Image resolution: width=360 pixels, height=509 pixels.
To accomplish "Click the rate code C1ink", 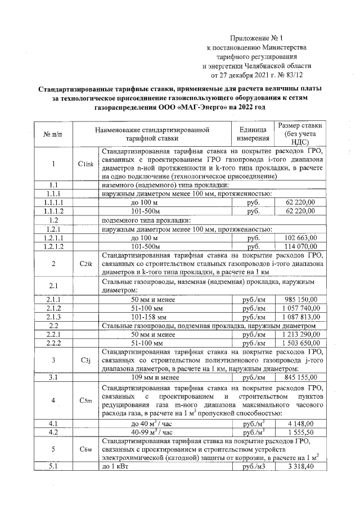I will [x=85, y=164].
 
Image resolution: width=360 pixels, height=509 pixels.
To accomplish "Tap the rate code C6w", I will [x=85, y=450].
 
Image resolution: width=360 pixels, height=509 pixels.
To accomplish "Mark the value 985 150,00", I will [x=300, y=299].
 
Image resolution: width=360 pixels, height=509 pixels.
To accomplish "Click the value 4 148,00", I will [x=303, y=424].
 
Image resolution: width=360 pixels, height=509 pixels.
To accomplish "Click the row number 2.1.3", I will [x=54, y=317].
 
